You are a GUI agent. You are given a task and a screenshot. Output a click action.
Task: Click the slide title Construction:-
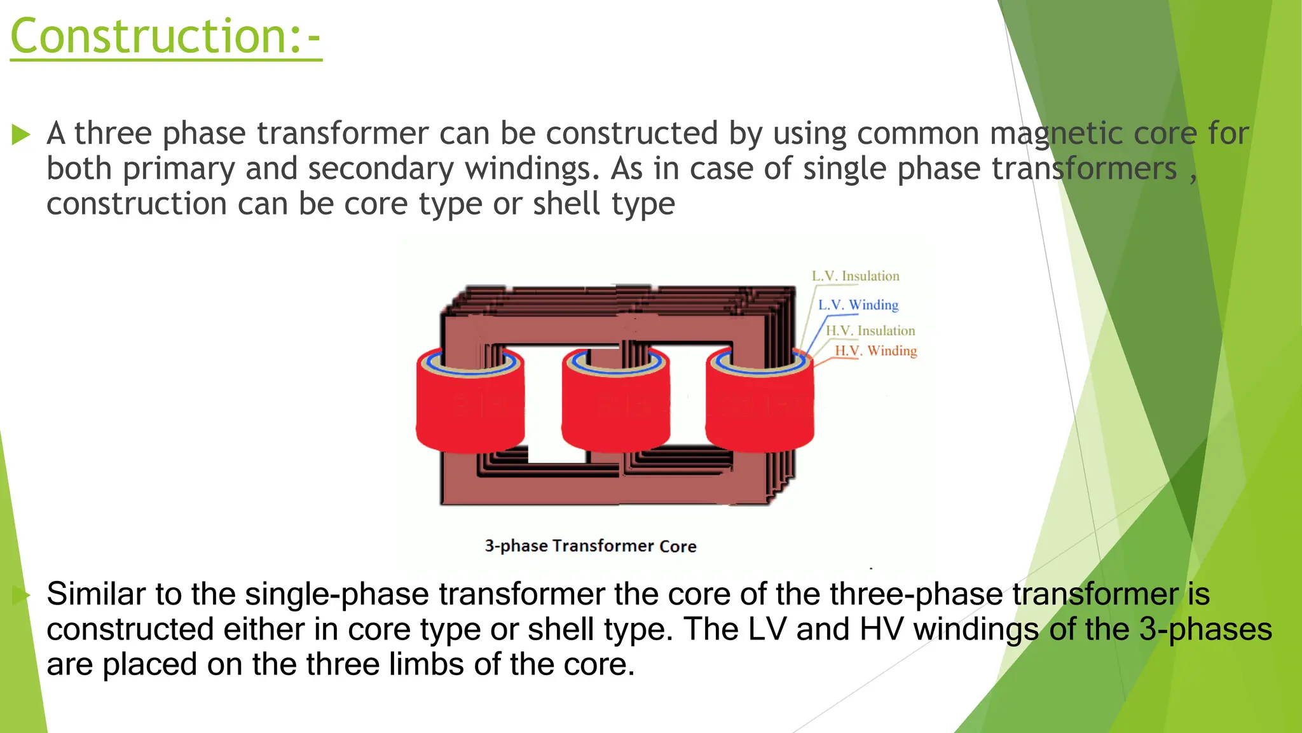[x=165, y=37]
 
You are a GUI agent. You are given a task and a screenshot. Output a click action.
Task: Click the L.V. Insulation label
[x=855, y=276]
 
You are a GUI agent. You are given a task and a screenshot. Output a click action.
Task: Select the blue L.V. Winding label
[x=858, y=305]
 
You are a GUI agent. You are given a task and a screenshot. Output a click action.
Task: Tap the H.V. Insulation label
[x=870, y=331]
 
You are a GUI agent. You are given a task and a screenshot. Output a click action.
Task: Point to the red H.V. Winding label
[x=875, y=351]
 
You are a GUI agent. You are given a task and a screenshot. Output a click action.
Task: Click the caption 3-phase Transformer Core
[x=590, y=546]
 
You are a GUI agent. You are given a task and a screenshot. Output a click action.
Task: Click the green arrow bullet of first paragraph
[x=21, y=135]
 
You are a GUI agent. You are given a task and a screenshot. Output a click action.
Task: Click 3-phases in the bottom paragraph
[x=1205, y=629]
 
